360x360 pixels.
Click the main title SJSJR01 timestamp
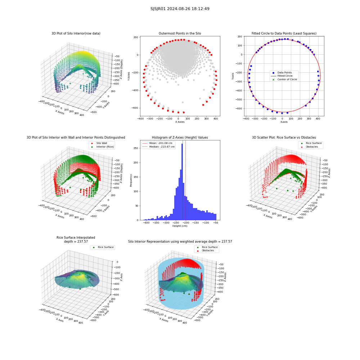[x=180, y=9]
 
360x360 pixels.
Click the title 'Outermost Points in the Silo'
[x=180, y=33]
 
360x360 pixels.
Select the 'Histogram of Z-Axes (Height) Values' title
[x=180, y=138]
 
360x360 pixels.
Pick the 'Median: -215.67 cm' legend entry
[x=158, y=147]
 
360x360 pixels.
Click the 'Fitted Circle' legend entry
[x=282, y=76]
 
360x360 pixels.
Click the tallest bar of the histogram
[x=182, y=182]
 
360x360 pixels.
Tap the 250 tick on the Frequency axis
[x=136, y=148]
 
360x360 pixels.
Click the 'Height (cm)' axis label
[x=180, y=226]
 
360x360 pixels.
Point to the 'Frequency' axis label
[x=131, y=180]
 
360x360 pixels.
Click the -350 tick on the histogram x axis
[x=156, y=223]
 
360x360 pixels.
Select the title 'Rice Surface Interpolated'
[x=76, y=238]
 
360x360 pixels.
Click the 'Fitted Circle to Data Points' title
[x=284, y=33]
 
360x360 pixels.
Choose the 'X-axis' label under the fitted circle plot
[x=284, y=122]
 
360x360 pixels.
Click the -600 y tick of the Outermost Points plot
[x=135, y=108]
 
